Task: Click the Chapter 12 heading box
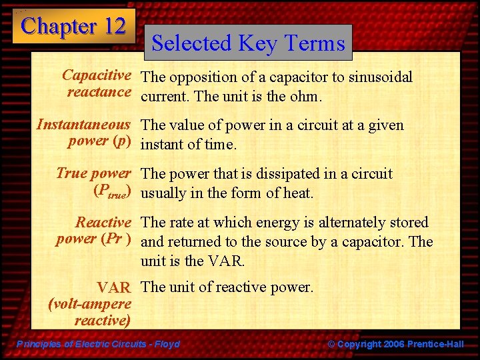(73, 27)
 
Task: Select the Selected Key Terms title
(249, 43)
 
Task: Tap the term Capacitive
(96, 76)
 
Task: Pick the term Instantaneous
(83, 125)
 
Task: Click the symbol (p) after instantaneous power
(121, 141)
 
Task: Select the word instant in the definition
(164, 145)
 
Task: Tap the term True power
(93, 173)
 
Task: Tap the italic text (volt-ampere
(90, 304)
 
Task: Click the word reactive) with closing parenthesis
(102, 321)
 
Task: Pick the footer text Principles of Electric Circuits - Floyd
(98, 344)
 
